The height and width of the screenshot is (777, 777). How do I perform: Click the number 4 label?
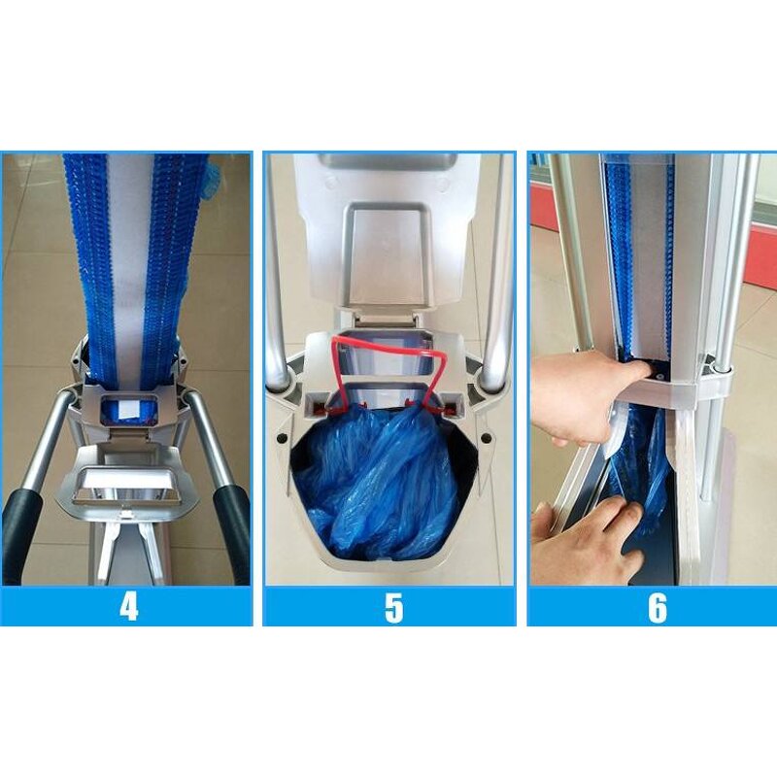tap(128, 607)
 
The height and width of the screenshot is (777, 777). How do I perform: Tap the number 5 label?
tap(392, 608)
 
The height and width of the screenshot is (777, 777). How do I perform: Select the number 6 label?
tap(657, 608)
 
